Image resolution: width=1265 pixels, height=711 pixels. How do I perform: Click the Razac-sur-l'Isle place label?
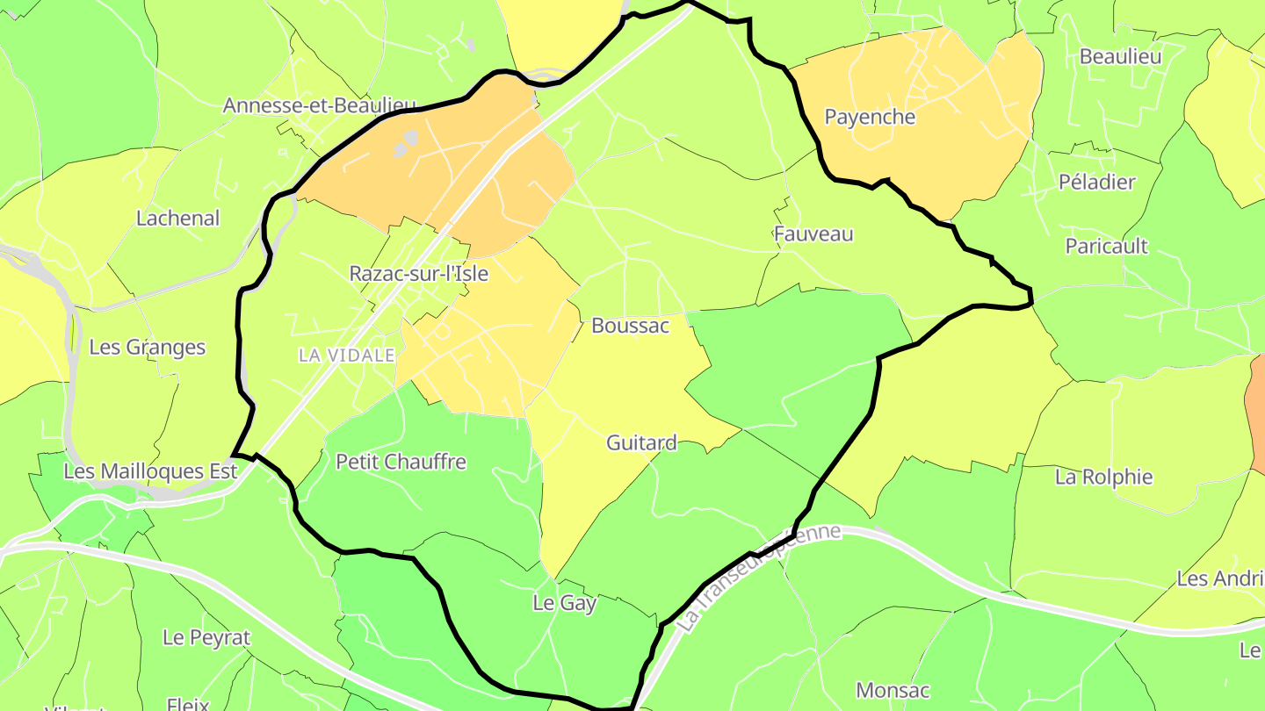coord(418,273)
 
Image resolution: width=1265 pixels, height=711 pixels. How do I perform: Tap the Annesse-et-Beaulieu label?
coord(319,105)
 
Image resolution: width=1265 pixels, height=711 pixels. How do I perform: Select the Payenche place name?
coord(870,117)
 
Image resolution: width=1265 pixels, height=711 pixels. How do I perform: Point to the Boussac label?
coord(630,326)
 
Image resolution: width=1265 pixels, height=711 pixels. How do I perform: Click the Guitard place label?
coord(641,443)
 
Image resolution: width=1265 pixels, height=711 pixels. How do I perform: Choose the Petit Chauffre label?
coord(401,462)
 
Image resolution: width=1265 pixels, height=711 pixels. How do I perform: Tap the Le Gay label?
coord(565,604)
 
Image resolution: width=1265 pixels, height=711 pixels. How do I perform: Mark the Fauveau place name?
coord(813,234)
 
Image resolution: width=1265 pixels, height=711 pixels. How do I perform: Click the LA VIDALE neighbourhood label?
coord(347,355)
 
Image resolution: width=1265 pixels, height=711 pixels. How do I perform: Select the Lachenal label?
coord(178,218)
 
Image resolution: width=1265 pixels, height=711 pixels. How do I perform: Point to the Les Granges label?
coord(148,348)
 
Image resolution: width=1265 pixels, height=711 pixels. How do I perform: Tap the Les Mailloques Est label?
coord(150,471)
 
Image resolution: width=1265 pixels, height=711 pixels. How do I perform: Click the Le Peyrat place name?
coord(206,638)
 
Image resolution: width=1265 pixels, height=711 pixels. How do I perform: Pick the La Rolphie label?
coord(1103,478)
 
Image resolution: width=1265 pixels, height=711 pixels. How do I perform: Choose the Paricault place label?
coord(1106,246)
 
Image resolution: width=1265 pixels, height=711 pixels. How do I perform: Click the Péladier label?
coord(1096,183)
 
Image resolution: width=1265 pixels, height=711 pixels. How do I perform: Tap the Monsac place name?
coord(893,690)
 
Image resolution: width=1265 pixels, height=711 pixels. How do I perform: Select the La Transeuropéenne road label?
coord(760,576)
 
